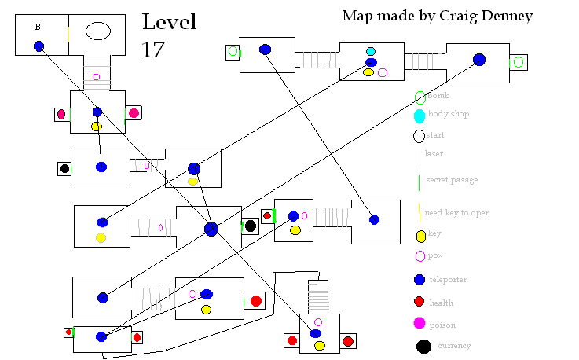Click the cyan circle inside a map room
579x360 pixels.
click(x=371, y=52)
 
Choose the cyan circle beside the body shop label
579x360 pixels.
click(x=420, y=116)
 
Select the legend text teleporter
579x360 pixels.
click(x=448, y=279)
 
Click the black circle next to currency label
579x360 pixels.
click(x=423, y=346)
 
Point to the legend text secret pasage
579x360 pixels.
click(x=452, y=180)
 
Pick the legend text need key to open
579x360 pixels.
click(x=457, y=213)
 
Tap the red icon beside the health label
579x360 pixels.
click(x=420, y=302)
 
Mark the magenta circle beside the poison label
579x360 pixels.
click(x=420, y=323)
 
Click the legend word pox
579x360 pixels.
click(x=435, y=255)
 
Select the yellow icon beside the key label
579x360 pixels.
click(x=420, y=236)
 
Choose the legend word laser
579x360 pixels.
click(x=434, y=154)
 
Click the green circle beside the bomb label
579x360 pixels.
click(x=420, y=97)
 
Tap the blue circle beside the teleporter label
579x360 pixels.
click(x=420, y=280)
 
